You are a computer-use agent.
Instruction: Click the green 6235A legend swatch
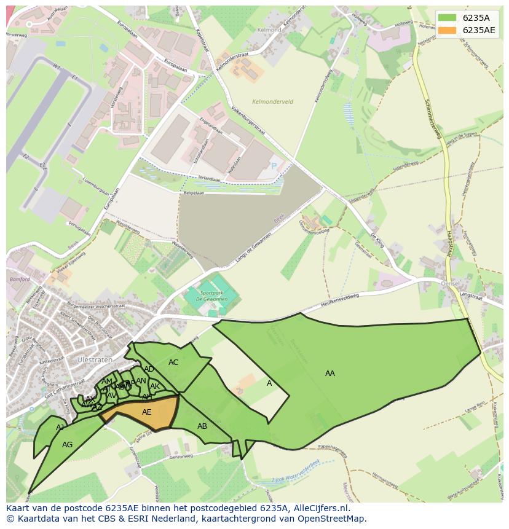pos(448,17)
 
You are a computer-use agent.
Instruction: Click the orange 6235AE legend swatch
pos(448,30)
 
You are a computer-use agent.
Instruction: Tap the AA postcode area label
pos(330,374)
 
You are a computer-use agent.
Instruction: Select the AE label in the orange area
pos(146,412)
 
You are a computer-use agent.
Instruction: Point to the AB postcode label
pos(202,426)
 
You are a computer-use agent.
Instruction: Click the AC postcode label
pos(173,362)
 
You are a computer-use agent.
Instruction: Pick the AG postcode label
pos(68,445)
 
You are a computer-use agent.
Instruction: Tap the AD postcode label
pos(149,369)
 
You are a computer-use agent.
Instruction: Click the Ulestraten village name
pos(93,359)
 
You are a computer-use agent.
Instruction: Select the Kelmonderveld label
pos(272,101)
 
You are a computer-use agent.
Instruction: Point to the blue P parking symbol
pos(274,166)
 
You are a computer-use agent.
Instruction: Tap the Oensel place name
pos(451,283)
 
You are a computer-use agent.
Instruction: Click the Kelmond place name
pos(269,30)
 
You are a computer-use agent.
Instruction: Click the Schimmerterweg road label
pos(432,117)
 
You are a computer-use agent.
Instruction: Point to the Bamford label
pos(20,280)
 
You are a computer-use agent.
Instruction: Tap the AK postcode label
pos(155,386)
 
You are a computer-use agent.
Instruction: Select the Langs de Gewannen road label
pos(253,249)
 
